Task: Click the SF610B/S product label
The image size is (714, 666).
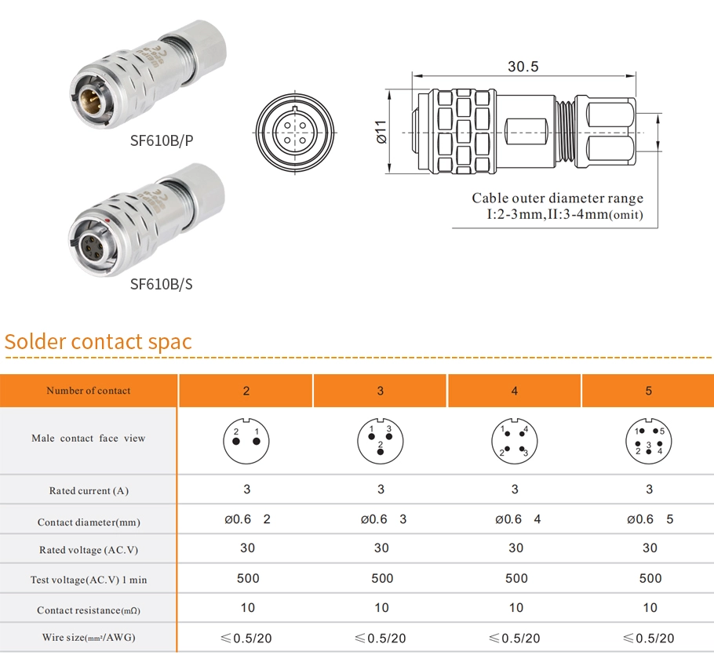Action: tap(161, 284)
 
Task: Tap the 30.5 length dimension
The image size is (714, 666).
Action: tap(523, 67)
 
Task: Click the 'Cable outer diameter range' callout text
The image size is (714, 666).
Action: tap(557, 198)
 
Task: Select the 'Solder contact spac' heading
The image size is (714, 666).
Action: tap(98, 342)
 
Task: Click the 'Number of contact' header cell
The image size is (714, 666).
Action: tap(89, 391)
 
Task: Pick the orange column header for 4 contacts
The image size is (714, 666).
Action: tap(515, 391)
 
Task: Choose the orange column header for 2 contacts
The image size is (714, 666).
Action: tap(246, 391)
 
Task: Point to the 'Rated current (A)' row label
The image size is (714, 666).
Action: tap(89, 491)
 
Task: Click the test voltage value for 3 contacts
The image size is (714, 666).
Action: tap(382, 579)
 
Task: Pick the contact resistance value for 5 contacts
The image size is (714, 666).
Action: tap(650, 608)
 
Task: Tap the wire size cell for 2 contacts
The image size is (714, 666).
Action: tap(246, 638)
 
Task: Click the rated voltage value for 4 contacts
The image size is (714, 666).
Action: tap(515, 548)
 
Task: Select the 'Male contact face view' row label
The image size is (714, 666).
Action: tap(89, 439)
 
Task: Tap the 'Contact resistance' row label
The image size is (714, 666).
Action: tap(89, 610)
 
